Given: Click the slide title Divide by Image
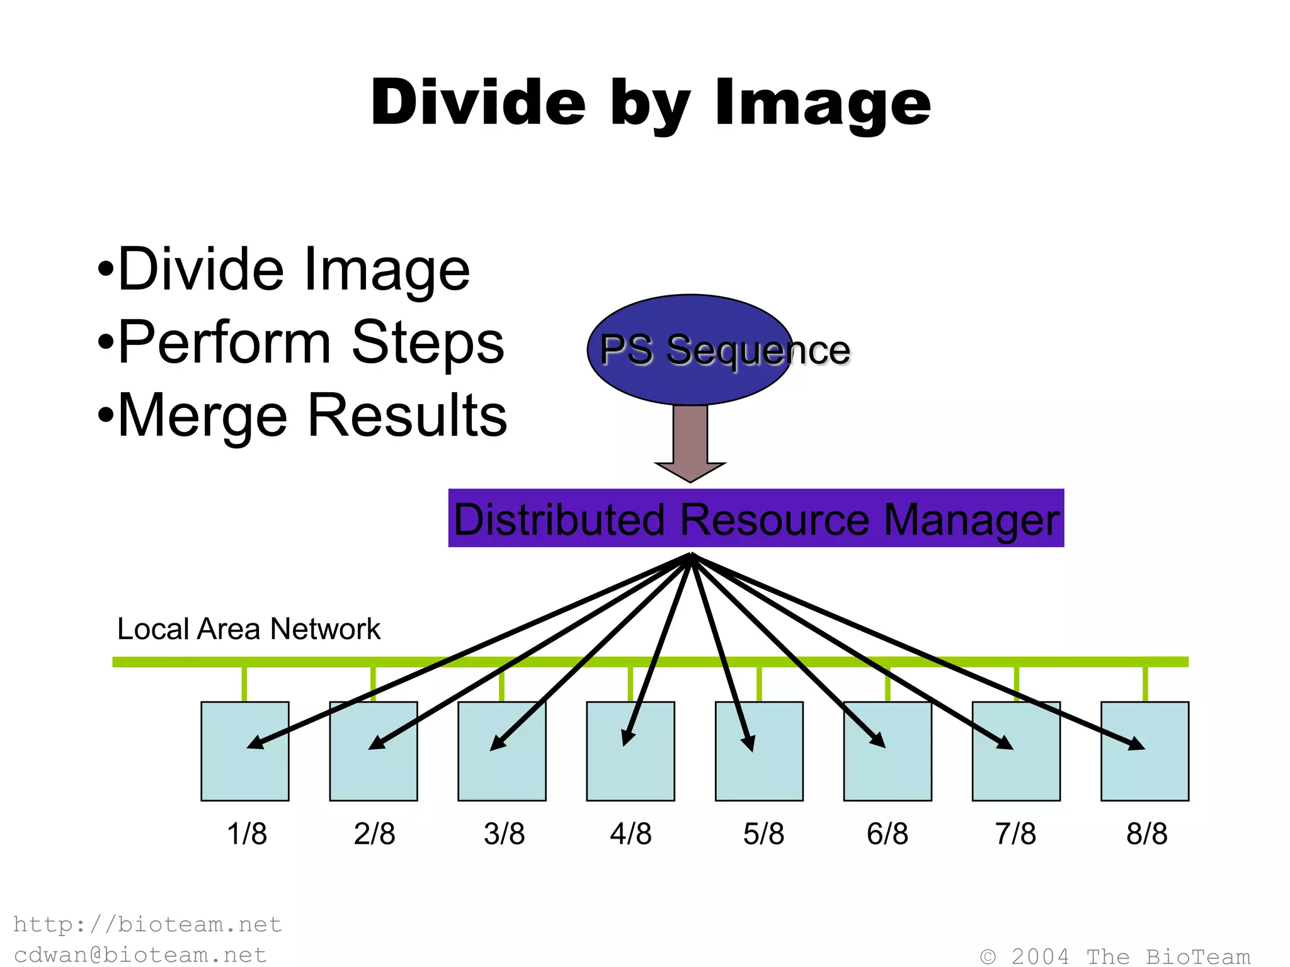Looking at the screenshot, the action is point(650,103).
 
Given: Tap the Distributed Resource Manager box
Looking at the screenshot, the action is point(756,518).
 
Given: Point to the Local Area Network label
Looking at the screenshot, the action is point(249,629).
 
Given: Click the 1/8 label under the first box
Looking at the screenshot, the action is point(247,834).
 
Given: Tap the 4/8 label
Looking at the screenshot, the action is point(631,834).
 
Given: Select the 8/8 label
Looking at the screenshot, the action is point(1146,834).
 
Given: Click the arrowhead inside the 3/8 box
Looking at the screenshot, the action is point(498,744).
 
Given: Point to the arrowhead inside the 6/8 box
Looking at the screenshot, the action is point(879,740).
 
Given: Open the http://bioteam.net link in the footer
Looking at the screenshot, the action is point(147,924).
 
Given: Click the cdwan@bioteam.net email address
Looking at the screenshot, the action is point(140,954).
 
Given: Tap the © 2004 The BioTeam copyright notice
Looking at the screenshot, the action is point(1115,956).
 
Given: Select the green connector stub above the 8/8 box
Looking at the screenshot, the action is point(1145,684).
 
